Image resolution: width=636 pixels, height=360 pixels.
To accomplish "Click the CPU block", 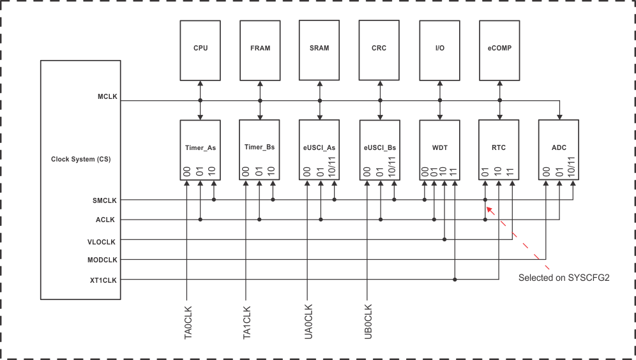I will [200, 49].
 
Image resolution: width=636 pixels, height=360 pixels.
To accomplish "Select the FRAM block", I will [260, 49].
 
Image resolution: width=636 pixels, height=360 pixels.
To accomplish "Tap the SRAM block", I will [319, 49].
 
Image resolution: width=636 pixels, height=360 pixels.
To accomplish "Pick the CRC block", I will [379, 49].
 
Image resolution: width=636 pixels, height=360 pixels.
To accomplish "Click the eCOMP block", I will [499, 49].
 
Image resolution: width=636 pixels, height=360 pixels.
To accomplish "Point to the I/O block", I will [439, 49].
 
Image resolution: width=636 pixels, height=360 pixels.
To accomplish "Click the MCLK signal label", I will [107, 97].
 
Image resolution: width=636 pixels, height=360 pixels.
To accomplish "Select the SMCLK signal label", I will [105, 200].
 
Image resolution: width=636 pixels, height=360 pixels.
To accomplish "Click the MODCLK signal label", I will [102, 260].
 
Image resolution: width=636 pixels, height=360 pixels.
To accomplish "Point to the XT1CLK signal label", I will [103, 280].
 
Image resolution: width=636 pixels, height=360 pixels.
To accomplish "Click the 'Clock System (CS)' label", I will [80, 159].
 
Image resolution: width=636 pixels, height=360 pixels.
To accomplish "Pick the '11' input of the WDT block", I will [455, 172].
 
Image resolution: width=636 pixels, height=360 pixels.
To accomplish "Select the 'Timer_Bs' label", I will [259, 147].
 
